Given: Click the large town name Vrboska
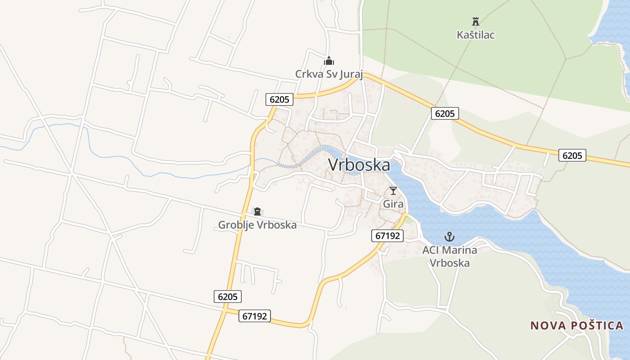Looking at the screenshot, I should pyautogui.click(x=359, y=165).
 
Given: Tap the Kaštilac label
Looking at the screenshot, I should pyautogui.click(x=475, y=35).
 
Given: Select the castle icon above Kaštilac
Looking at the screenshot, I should pyautogui.click(x=475, y=21).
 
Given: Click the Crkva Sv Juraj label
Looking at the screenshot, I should pyautogui.click(x=328, y=73).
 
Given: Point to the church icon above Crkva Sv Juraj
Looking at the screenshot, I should pyautogui.click(x=329, y=61).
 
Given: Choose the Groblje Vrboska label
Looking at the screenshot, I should pyautogui.click(x=257, y=225).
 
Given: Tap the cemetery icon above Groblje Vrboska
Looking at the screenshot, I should pyautogui.click(x=257, y=211).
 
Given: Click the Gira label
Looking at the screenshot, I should pyautogui.click(x=393, y=204).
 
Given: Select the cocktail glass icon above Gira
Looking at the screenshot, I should pyautogui.click(x=393, y=190).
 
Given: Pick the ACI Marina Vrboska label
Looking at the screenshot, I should pyautogui.click(x=450, y=256).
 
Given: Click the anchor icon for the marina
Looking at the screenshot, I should pyautogui.click(x=449, y=237).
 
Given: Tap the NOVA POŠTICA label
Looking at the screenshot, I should pyautogui.click(x=576, y=325).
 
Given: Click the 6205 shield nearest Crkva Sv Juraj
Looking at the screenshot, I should pyautogui.click(x=279, y=99).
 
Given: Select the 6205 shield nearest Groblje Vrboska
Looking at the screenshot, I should pyautogui.click(x=228, y=296).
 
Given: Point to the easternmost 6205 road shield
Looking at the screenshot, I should pyautogui.click(x=572, y=155).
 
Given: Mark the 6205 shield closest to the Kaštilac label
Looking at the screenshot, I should pyautogui.click(x=445, y=113).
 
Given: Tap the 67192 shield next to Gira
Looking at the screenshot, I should pyautogui.click(x=387, y=235).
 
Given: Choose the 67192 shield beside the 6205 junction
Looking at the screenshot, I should pyautogui.click(x=255, y=316).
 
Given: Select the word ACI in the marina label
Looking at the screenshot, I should pyautogui.click(x=431, y=250).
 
